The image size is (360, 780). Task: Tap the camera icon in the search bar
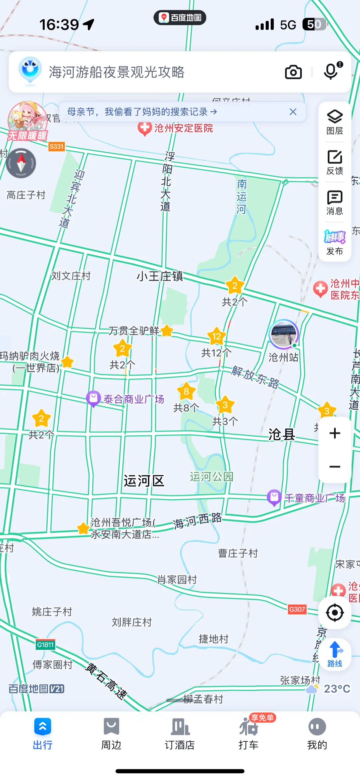[293, 72]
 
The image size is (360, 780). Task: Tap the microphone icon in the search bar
[331, 71]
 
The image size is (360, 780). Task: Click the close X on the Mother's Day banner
[293, 112]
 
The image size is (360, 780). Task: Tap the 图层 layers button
[335, 122]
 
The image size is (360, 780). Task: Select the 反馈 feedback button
[335, 162]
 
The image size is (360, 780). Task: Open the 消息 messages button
[335, 202]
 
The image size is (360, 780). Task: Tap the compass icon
[21, 163]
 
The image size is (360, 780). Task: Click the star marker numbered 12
[216, 337]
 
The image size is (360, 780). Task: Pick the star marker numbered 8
[186, 391]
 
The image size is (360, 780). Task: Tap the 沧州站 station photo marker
[283, 334]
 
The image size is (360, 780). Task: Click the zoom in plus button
[335, 433]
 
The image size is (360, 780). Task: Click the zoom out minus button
[335, 466]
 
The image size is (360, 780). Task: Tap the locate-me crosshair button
[335, 612]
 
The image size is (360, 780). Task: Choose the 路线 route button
[335, 654]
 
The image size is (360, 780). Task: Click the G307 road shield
[297, 609]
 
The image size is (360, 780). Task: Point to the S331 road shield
[56, 146]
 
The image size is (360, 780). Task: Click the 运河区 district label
[144, 481]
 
